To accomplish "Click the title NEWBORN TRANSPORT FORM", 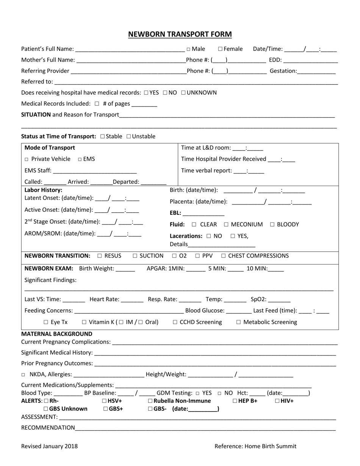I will [x=180, y=34].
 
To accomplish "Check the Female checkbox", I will [x=221, y=49].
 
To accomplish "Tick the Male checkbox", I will [x=188, y=49].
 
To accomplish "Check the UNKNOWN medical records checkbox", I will [x=183, y=92].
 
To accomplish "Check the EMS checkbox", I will [x=80, y=160].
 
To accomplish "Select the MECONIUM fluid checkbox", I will [x=226, y=225].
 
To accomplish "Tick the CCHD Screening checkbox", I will [x=175, y=322].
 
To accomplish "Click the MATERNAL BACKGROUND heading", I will [x=57, y=334].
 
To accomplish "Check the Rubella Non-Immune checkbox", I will [x=150, y=401].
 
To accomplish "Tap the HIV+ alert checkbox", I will [x=277, y=401].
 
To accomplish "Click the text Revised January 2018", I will [x=49, y=446].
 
